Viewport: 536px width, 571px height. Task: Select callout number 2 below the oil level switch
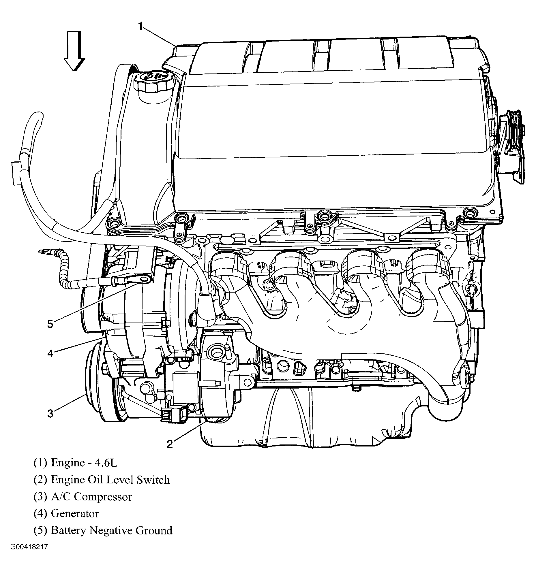coord(170,444)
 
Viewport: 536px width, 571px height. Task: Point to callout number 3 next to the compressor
coord(50,414)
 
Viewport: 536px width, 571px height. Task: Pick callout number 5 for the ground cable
coord(50,324)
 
